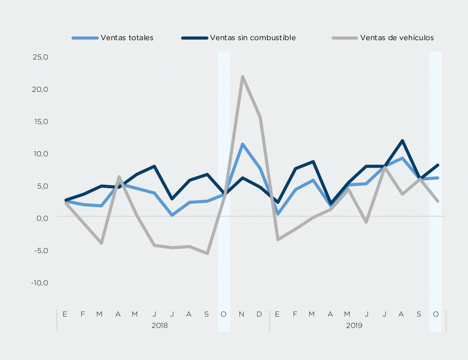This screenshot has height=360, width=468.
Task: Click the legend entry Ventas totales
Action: (x=127, y=38)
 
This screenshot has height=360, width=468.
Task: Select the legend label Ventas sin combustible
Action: (x=253, y=38)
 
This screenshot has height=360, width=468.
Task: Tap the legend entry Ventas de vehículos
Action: (x=397, y=38)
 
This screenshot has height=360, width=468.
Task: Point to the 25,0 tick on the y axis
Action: (x=40, y=57)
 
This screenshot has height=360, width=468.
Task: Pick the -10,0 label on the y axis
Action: (x=40, y=282)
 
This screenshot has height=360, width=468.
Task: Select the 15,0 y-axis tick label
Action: (x=40, y=122)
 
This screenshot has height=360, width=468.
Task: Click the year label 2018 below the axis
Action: (x=159, y=326)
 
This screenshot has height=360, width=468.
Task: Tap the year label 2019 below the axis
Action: (x=354, y=326)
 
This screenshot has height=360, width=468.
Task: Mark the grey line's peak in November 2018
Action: (x=242, y=77)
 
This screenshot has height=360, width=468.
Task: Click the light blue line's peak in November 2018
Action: (x=242, y=144)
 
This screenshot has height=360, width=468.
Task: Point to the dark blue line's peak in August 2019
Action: (x=402, y=141)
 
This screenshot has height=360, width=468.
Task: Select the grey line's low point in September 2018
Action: (x=207, y=253)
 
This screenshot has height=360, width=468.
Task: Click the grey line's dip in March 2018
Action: (x=101, y=243)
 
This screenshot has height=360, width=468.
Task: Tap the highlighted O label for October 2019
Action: (x=436, y=314)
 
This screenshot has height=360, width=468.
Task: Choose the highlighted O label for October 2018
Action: (x=223, y=314)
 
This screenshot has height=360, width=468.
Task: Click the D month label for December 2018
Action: (x=259, y=314)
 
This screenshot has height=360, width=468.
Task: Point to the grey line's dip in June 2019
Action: (x=367, y=222)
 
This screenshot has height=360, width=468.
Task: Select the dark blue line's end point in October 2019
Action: (x=437, y=165)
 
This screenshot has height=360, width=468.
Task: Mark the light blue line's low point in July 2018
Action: (x=172, y=215)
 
